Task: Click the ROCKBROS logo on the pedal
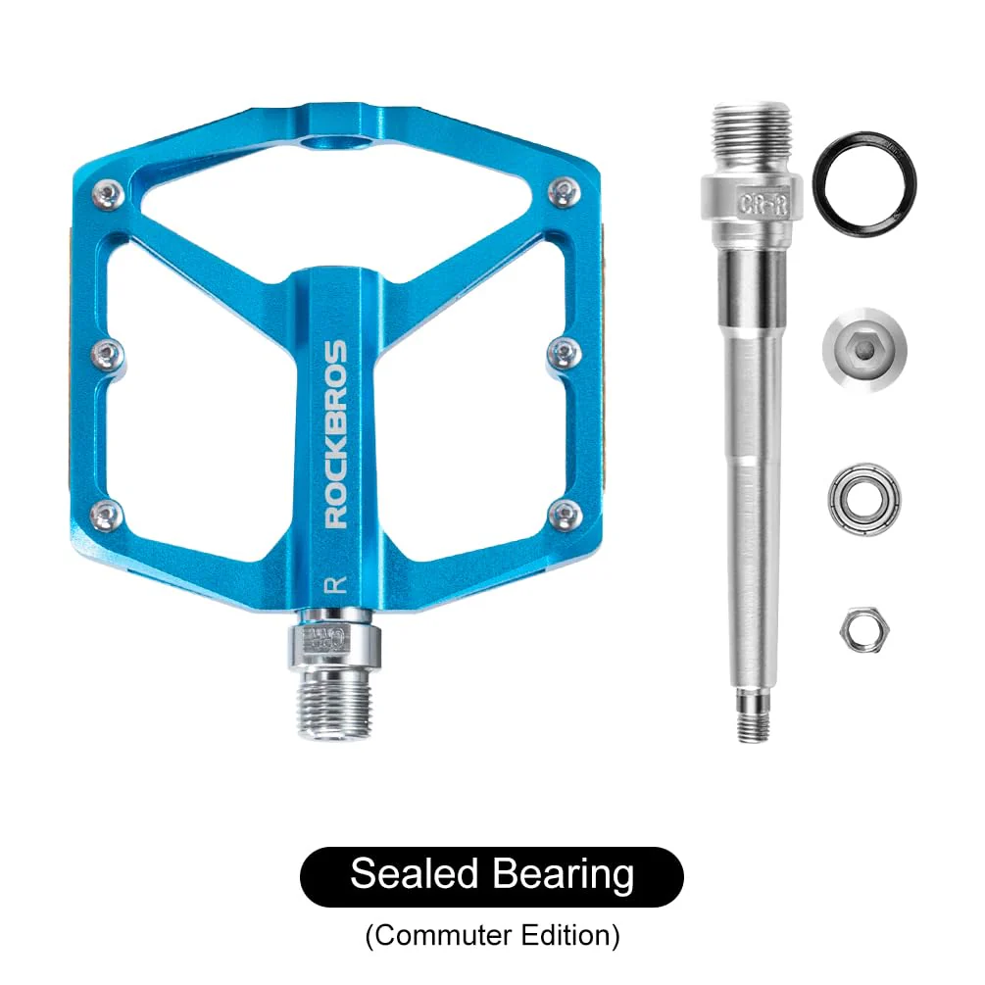click(x=335, y=433)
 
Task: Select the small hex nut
click(x=856, y=628)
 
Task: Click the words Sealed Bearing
click(x=492, y=873)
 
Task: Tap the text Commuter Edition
click(x=492, y=935)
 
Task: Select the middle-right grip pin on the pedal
click(x=564, y=352)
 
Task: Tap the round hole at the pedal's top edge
click(x=337, y=144)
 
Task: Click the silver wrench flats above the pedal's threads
click(x=334, y=642)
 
